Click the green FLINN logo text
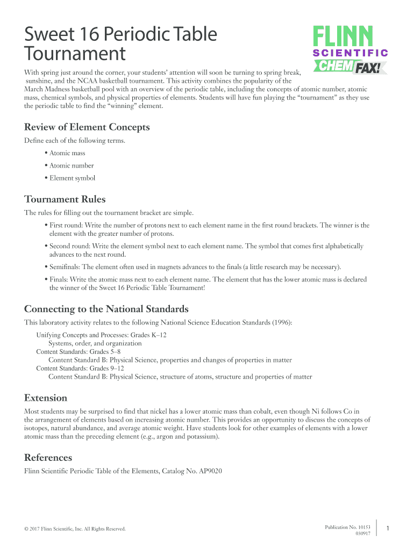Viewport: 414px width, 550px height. point(343,37)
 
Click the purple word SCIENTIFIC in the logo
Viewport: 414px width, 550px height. point(351,53)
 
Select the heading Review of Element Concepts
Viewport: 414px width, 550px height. point(87,127)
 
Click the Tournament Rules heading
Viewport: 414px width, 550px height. point(65,199)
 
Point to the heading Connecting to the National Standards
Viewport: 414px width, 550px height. point(106,309)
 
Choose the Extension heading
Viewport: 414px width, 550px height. point(46,398)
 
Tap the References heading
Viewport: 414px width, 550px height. point(48,458)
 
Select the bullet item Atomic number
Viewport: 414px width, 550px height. point(72,165)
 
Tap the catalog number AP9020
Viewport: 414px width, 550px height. point(209,471)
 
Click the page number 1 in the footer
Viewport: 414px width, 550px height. point(388,529)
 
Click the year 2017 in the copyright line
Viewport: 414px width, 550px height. point(38,529)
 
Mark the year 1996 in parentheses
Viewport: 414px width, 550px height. point(281,322)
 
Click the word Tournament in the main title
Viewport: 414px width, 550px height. point(75,54)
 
